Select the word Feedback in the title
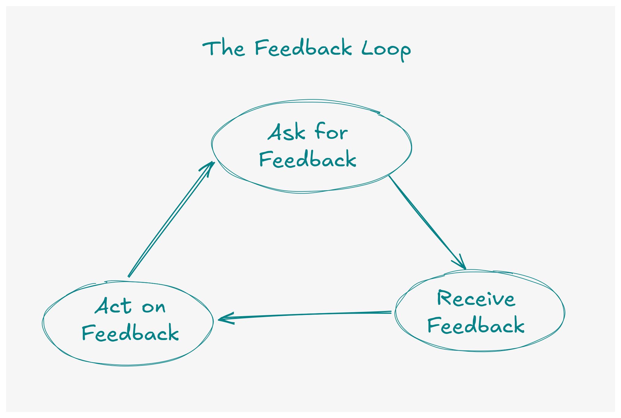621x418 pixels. point(303,48)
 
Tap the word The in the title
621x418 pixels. point(224,48)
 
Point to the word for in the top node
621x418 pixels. point(331,132)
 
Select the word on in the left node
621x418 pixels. point(154,307)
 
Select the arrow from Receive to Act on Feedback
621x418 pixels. point(306,315)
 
